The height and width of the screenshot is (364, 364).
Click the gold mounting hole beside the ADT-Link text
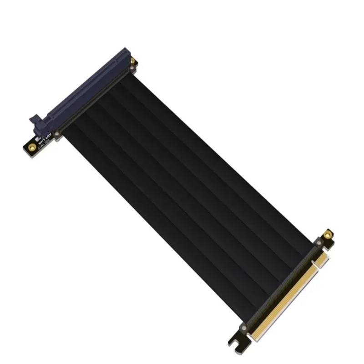point(32,147)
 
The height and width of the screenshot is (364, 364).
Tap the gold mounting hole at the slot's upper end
point(133,61)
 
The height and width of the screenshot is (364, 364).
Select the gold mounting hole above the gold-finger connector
point(327,235)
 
